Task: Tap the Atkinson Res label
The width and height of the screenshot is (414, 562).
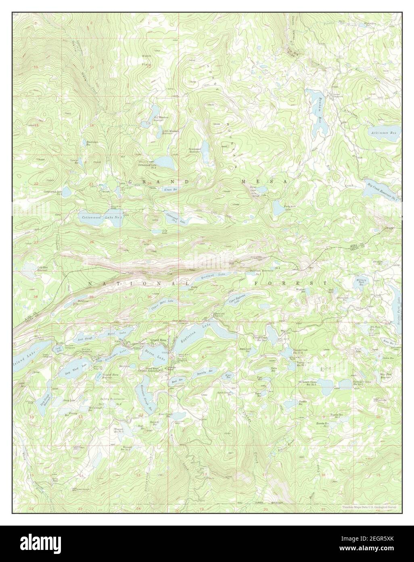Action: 385,132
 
